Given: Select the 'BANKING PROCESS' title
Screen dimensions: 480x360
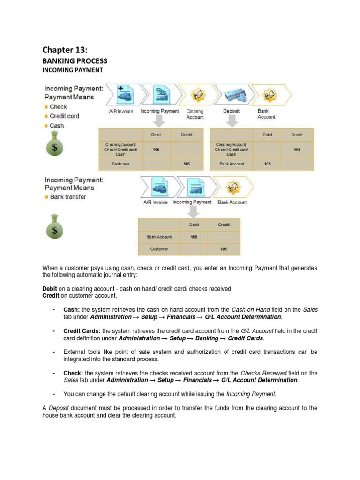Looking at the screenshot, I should point(75,61).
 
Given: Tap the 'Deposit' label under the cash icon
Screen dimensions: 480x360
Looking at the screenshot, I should point(232,111).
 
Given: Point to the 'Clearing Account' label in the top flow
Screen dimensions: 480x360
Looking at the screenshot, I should point(195,114).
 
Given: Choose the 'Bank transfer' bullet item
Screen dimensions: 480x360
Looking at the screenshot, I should point(68,197).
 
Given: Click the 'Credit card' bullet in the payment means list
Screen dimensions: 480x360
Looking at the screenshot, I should point(64,116).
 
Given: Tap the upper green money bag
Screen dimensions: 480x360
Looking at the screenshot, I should point(56,145).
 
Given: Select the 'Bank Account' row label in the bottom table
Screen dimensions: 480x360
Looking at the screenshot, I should point(159,237).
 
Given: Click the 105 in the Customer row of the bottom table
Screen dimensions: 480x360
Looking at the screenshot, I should point(224,249).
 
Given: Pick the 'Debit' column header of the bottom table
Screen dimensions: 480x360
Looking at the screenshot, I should point(194,225).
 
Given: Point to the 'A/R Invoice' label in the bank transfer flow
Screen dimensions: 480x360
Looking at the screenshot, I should point(155,202).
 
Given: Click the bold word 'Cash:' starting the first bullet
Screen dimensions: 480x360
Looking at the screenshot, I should point(72,310).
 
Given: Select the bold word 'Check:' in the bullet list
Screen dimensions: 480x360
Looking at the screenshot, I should point(73,373).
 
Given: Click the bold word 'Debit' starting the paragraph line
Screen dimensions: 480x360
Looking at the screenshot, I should point(50,289).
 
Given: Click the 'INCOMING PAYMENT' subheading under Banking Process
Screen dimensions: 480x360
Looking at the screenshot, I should point(73,70).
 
